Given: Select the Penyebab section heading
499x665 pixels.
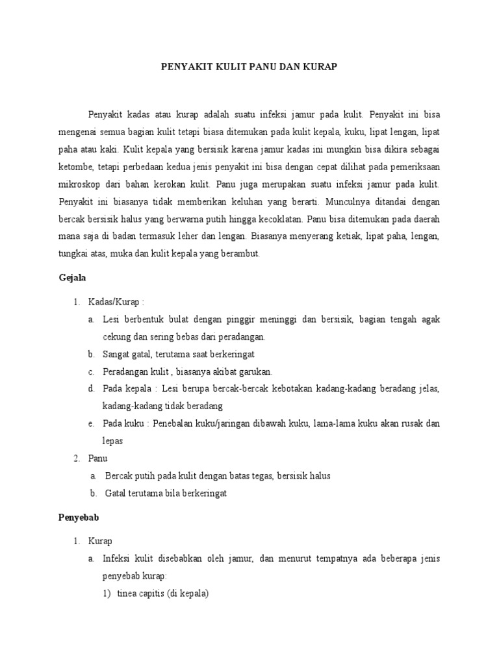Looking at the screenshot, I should click(x=77, y=520).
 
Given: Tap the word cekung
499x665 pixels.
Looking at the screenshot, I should click(x=116, y=337).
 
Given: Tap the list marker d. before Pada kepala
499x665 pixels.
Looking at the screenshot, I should click(x=91, y=388).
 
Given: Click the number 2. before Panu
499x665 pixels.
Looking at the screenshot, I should click(x=77, y=458).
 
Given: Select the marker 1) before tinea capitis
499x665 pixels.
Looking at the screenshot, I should click(x=108, y=593).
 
